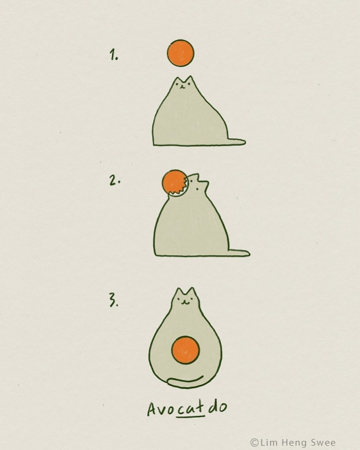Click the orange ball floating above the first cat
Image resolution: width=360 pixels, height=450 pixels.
tap(181, 53)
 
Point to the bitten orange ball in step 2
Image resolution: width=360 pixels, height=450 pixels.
tap(173, 183)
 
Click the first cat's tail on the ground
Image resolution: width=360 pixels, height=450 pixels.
tap(236, 141)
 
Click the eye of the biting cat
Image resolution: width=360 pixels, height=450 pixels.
tap(196, 189)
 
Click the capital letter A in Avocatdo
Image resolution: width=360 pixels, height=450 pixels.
tap(152, 409)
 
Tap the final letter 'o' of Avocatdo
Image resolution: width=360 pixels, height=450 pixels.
tap(222, 407)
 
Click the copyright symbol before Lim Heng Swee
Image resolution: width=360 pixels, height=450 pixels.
tap(255, 442)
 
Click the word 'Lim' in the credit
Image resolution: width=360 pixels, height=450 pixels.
tap(267, 442)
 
